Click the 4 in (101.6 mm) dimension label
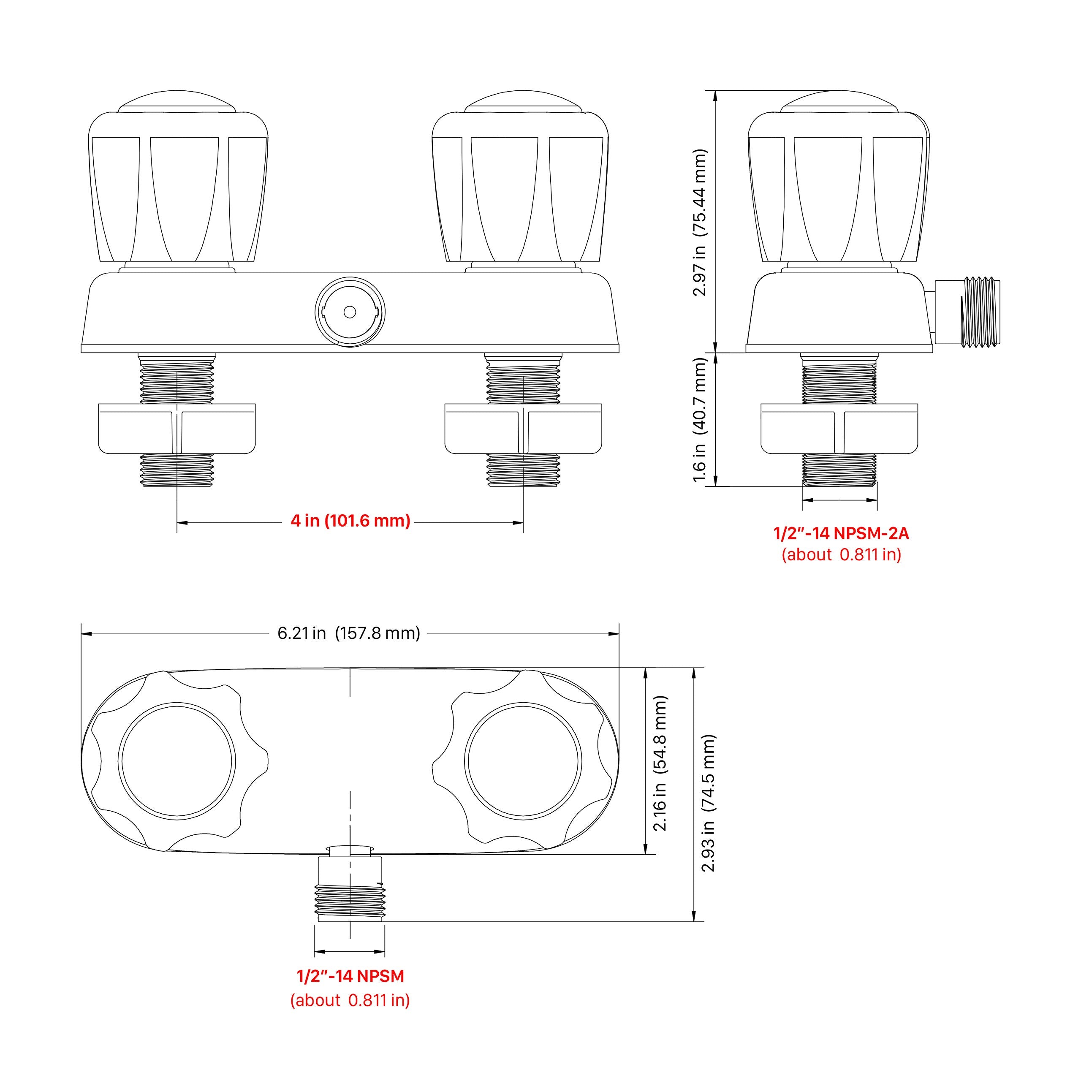coord(350,521)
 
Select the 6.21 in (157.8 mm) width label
coord(349,633)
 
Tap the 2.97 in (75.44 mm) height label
coord(700,222)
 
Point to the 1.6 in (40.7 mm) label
coord(700,420)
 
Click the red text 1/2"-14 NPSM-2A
coord(841,533)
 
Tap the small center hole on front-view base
coord(350,312)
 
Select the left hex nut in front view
coord(177,429)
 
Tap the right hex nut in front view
coord(523,429)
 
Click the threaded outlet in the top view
coord(350,894)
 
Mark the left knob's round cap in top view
coord(177,761)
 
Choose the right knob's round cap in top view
coord(523,761)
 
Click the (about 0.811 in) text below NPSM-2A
coord(841,554)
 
